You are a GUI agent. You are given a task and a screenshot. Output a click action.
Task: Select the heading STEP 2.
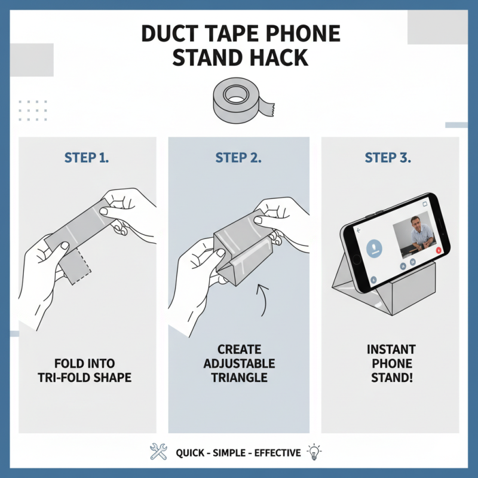(x=238, y=158)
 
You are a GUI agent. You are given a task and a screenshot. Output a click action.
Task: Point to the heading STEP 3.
(x=389, y=158)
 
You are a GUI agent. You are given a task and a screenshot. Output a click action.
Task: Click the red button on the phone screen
(x=439, y=250)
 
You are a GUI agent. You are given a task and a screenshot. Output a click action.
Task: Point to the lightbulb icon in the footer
(x=313, y=452)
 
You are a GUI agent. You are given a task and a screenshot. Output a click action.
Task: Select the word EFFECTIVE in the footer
(x=277, y=453)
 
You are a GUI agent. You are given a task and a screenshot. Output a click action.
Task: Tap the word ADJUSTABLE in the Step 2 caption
(x=238, y=363)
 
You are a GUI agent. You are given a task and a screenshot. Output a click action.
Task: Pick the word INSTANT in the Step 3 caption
(x=391, y=349)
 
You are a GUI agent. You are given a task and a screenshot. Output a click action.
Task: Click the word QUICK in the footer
(x=190, y=453)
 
